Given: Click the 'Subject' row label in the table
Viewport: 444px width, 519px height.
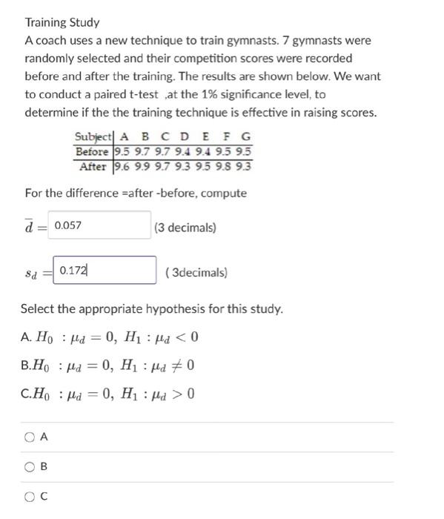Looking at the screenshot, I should [x=93, y=137].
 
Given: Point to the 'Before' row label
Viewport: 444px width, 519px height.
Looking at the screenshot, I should [x=93, y=152].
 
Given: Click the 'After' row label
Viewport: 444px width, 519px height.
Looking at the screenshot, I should [x=94, y=166].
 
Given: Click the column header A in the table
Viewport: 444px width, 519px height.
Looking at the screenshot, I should [x=124, y=137].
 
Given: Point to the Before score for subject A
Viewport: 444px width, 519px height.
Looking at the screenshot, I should [x=123, y=152].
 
